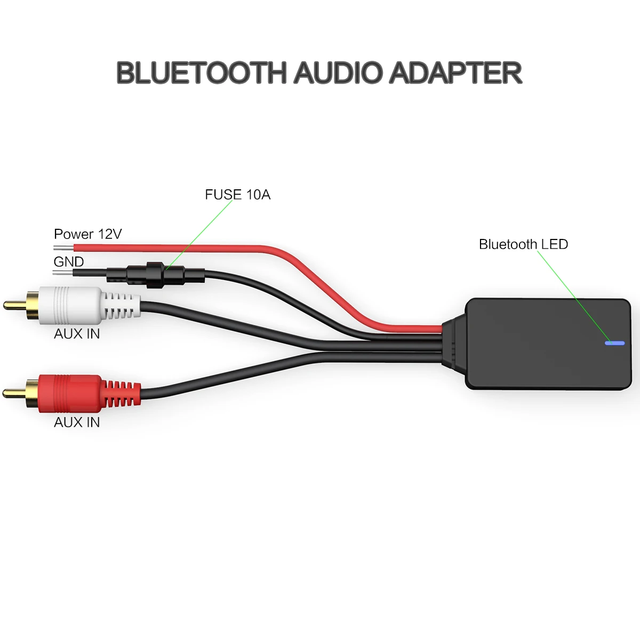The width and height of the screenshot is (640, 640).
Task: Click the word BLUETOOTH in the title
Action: tap(201, 73)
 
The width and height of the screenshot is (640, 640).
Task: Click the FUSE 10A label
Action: tap(237, 195)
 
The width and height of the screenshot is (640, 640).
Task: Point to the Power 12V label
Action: tap(88, 234)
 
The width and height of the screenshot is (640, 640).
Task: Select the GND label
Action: tap(69, 262)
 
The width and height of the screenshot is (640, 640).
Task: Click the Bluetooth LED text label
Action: tap(523, 244)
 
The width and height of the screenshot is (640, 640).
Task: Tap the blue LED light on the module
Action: tap(614, 343)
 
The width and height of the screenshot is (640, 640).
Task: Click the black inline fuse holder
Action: tap(155, 274)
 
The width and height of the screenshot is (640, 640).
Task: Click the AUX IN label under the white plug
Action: tap(77, 334)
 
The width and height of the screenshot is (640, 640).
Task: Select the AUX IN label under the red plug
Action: tap(77, 422)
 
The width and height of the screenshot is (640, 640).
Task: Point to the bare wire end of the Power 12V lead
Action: tap(63, 248)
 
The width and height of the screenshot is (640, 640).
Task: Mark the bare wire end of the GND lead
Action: tap(63, 273)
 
